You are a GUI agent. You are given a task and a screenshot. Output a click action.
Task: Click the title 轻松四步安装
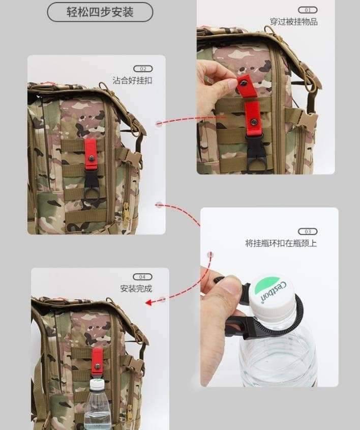point(100,12)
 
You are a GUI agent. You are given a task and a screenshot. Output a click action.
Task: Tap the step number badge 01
point(308,10)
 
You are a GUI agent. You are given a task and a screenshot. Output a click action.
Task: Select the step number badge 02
point(143,69)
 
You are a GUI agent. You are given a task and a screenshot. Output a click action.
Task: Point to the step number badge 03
point(308,232)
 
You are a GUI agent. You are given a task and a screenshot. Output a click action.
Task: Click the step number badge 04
point(142,277)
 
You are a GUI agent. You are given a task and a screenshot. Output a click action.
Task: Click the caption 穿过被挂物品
point(294,22)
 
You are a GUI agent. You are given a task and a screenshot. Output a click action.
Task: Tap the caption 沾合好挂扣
point(132,80)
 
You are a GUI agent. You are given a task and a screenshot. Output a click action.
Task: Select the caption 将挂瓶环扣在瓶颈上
point(281,243)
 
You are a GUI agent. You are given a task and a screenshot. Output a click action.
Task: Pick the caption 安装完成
point(136,289)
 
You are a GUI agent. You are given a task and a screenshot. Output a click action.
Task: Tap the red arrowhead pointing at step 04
point(148,302)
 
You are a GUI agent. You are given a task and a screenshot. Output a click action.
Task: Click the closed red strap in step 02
point(91,154)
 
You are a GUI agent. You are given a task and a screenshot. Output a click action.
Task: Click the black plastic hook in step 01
point(255,154)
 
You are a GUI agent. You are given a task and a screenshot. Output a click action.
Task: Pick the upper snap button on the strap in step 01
point(243,81)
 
